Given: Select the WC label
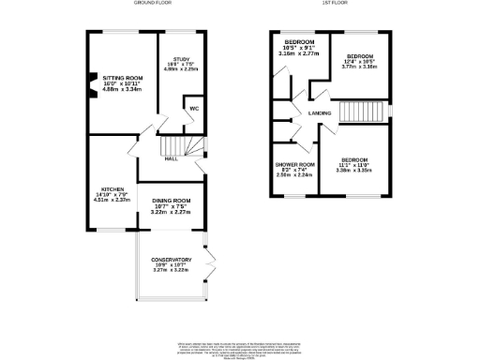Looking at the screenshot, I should pos(194,109).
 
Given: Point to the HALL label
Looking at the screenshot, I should pos(172,158).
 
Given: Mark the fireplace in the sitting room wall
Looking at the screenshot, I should pos(92,81).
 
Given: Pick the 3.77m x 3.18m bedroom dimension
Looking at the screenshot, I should pos(358,67).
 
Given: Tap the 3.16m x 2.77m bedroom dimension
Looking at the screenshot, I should pos(299,55).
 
